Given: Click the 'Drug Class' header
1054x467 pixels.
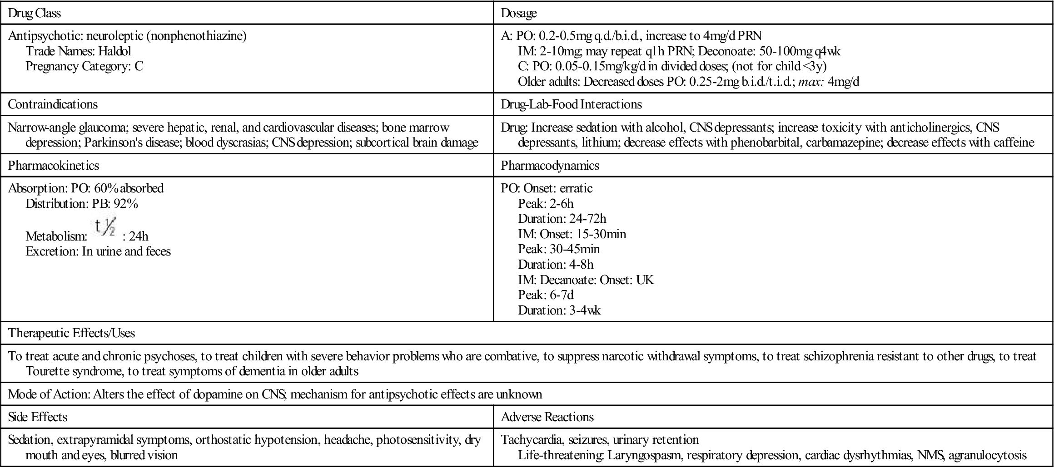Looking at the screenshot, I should (x=35, y=13).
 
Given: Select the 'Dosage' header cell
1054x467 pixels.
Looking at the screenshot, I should (x=518, y=13).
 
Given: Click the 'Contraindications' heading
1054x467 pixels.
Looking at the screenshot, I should (x=53, y=104).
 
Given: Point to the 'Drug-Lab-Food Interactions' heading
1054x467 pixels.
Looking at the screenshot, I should (x=571, y=104).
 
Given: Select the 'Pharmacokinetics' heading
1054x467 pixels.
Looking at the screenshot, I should (x=54, y=166).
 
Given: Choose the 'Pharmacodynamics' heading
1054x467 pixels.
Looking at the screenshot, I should (x=550, y=166).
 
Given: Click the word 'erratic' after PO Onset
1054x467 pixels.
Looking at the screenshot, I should (x=576, y=188).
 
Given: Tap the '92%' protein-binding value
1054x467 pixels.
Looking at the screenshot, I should (x=126, y=204).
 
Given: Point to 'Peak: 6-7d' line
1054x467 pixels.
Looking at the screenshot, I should (x=546, y=295).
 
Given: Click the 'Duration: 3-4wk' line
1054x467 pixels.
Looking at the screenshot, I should (x=559, y=310).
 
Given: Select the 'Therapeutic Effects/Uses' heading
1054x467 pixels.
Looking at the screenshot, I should (x=71, y=333).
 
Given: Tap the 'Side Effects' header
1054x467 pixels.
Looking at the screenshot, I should (x=38, y=417).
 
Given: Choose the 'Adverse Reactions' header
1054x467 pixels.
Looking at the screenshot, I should (x=547, y=417).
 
